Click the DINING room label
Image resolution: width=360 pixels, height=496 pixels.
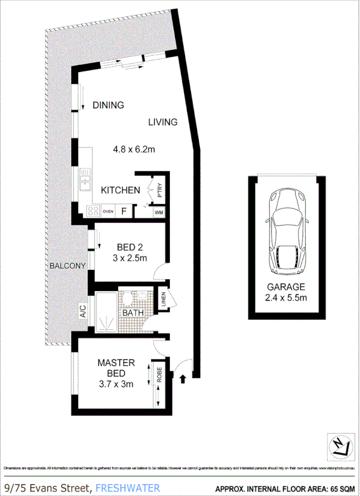[x=108, y=105]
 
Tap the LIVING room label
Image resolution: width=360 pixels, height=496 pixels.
[x=163, y=122]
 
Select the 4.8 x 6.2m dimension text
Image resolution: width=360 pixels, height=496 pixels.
[x=134, y=150]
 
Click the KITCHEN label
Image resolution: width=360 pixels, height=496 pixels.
[x=120, y=190]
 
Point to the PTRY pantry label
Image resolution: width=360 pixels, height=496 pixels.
[x=160, y=188]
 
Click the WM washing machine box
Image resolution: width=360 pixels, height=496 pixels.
[x=159, y=212]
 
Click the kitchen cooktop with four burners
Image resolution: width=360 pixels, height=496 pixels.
[x=92, y=211]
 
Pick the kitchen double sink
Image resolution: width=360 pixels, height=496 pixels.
[x=85, y=179]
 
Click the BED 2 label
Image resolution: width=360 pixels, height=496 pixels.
[x=129, y=247]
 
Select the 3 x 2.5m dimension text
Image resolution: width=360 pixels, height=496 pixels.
[x=129, y=258]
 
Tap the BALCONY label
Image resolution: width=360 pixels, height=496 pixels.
[x=67, y=266]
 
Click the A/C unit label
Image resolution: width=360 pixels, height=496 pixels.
[x=83, y=311]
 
